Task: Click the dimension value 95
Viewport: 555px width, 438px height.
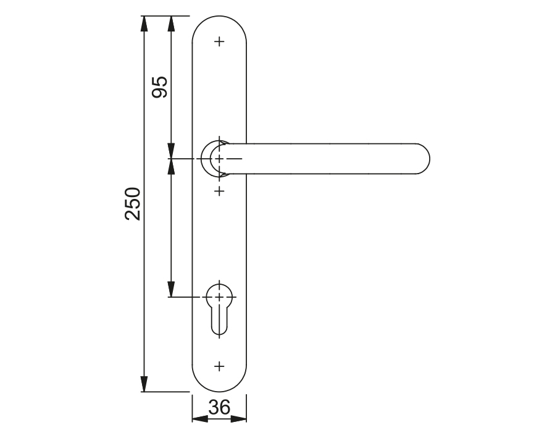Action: pos(160,86)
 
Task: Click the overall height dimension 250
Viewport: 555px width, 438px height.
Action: pos(133,203)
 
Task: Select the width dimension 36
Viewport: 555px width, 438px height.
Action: pos(219,407)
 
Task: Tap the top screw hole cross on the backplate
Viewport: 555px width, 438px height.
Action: pos(219,42)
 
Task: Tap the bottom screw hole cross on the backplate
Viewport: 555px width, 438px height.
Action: pos(219,366)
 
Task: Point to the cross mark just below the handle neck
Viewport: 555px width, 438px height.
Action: pos(219,192)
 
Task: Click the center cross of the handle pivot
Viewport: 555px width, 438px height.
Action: pos(219,159)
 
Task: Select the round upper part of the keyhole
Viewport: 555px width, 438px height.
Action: pos(219,295)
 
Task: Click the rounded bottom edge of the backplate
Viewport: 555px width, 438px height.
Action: pos(219,391)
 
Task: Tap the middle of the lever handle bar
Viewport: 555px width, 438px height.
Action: pos(327,159)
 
